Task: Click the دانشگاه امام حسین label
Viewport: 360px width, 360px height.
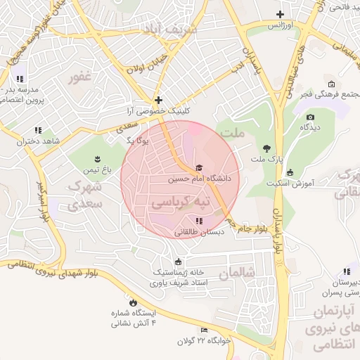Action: [199, 179]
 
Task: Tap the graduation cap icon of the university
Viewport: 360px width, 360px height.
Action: [199, 167]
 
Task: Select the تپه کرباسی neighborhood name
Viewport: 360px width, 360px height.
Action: [181, 202]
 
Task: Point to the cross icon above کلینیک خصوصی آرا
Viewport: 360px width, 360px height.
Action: [159, 101]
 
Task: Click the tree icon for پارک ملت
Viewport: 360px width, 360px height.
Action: [266, 148]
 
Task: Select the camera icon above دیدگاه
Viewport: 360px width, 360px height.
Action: [310, 117]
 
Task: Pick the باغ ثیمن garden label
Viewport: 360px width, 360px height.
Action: [98, 170]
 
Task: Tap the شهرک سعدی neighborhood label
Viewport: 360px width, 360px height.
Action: [86, 195]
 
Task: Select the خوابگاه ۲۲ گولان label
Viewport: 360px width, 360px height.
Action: [205, 340]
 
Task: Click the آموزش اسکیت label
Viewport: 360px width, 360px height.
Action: [290, 184]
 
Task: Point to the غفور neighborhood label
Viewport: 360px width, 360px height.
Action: [81, 77]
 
